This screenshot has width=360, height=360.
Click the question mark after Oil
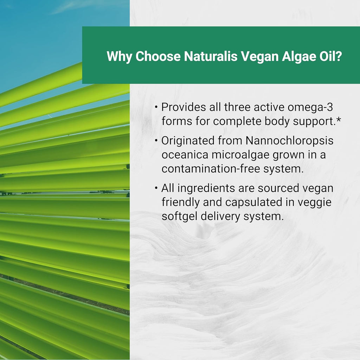(338, 56)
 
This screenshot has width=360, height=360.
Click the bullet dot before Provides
(156, 107)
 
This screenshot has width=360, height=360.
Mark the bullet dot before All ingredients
(156, 188)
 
